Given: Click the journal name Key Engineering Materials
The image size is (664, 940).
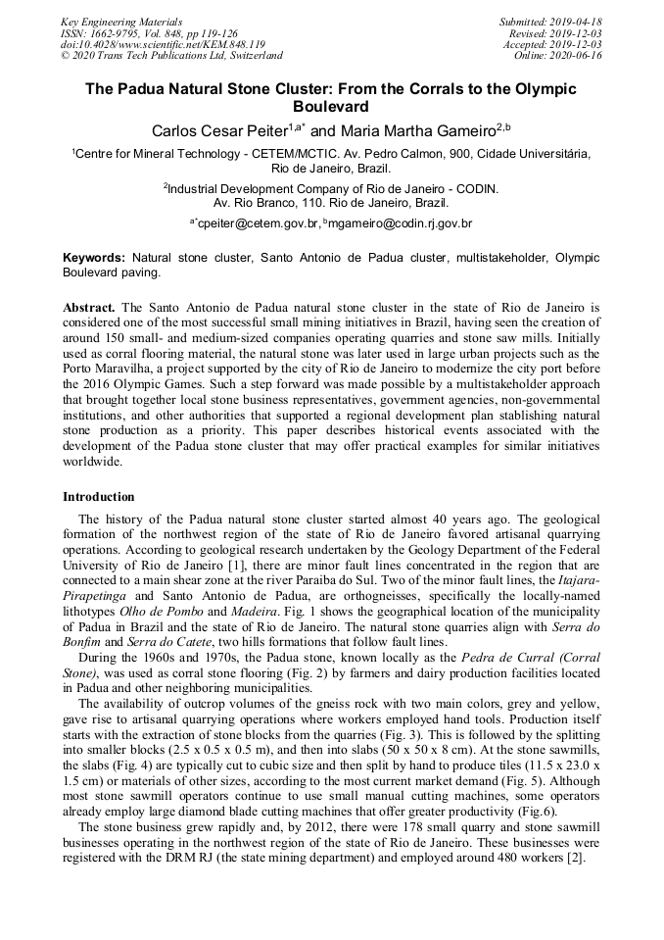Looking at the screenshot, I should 121,22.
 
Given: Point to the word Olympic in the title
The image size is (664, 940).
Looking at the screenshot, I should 537,89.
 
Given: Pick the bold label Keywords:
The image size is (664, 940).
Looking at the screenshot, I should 94,258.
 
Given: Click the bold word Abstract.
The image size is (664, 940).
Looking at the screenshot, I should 89,307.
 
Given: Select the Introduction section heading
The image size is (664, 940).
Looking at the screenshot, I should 99,497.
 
